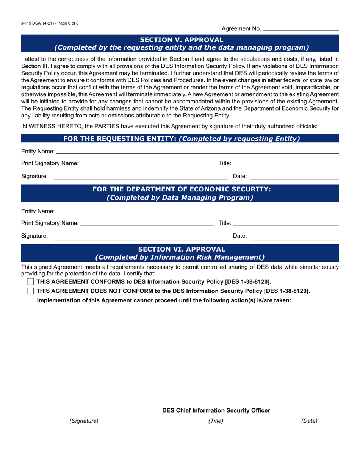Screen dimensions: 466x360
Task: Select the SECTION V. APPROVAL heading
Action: pos(182,40)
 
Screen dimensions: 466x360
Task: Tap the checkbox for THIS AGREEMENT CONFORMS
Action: pos(31,281)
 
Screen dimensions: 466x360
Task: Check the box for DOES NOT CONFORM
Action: pos(31,291)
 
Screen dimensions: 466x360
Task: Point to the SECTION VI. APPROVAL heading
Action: pos(182,249)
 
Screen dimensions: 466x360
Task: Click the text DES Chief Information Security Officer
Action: pos(216,410)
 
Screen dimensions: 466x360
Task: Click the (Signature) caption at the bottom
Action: pos(84,421)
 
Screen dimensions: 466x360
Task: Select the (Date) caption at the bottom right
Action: pos(309,421)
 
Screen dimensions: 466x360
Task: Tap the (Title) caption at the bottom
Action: pos(216,421)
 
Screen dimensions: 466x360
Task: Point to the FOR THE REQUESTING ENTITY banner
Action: pos(182,139)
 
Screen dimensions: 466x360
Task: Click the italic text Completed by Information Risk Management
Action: pos(180,257)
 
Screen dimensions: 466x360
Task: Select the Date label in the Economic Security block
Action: pos(239,236)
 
